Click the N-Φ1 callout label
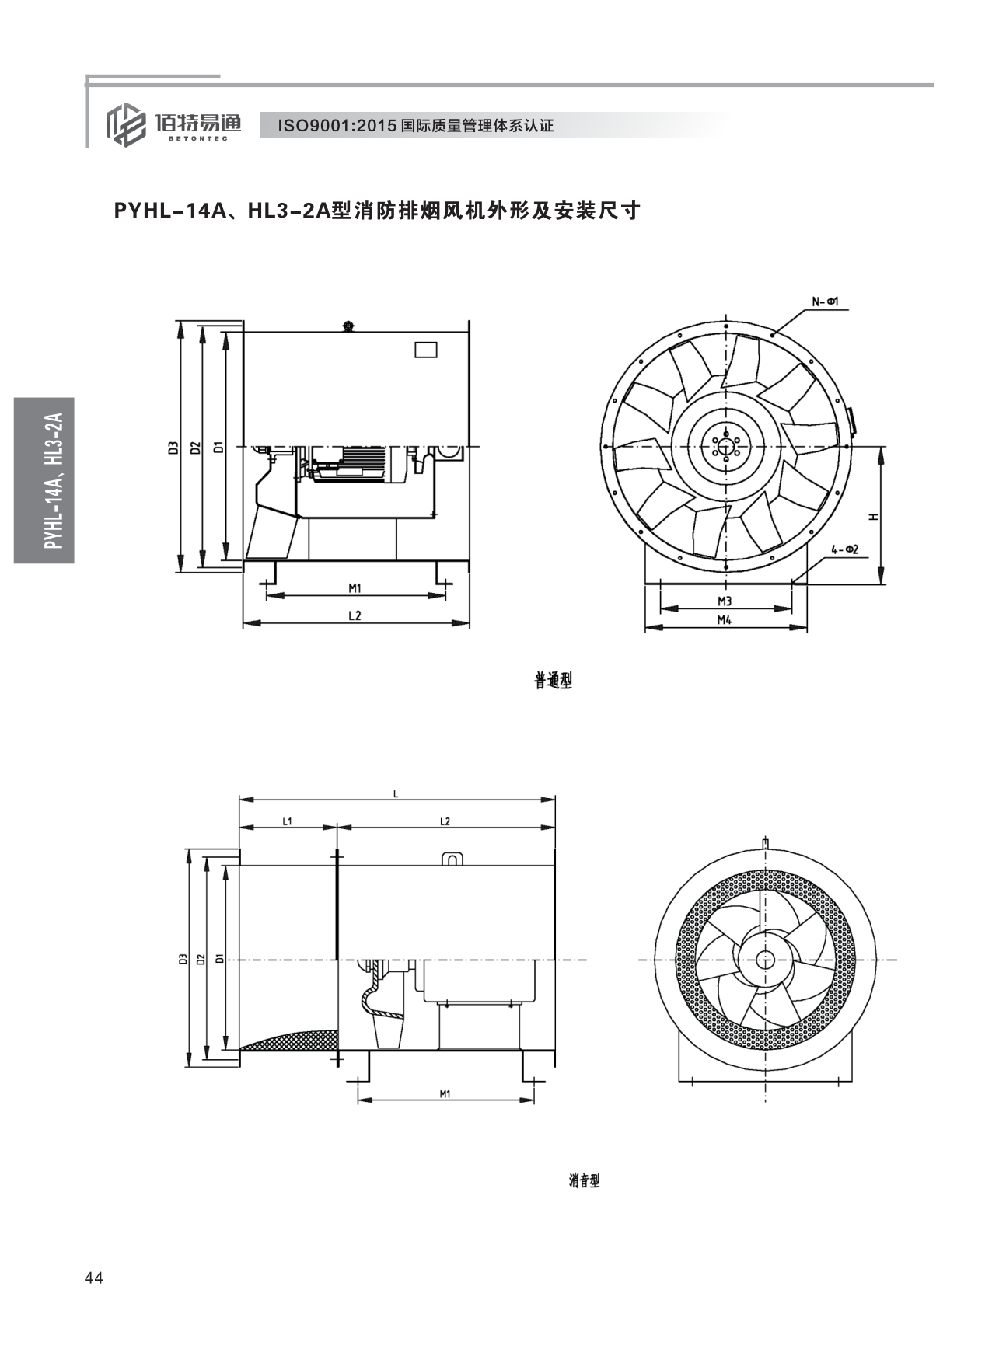click(x=825, y=301)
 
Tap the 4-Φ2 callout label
click(x=844, y=549)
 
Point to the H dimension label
click(x=873, y=517)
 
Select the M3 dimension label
click(x=724, y=601)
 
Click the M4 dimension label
click(x=724, y=619)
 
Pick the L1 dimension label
click(x=287, y=821)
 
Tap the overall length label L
click(x=396, y=793)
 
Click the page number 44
click(x=94, y=1278)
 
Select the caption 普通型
click(x=553, y=681)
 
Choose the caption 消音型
click(x=584, y=1180)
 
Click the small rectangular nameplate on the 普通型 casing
click(x=425, y=350)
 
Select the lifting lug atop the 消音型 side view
click(x=452, y=859)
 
